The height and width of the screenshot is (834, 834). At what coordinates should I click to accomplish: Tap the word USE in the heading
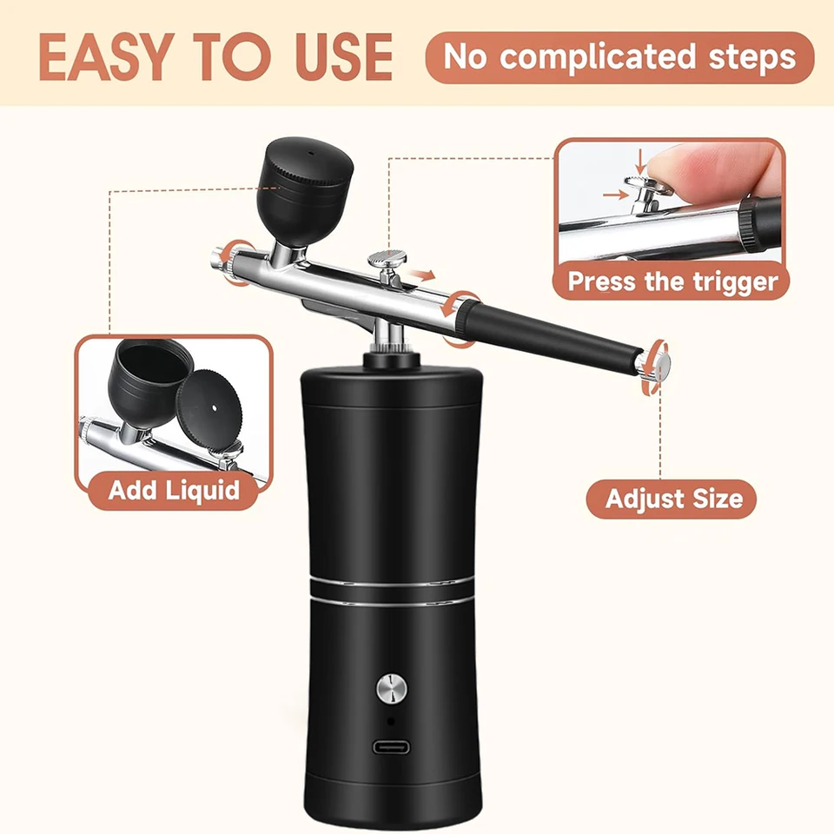[x=344, y=57]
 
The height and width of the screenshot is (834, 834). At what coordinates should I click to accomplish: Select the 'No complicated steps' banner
[x=619, y=57]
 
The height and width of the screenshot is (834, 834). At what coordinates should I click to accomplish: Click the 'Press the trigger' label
[x=672, y=281]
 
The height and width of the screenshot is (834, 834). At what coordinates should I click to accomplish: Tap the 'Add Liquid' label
[x=174, y=490]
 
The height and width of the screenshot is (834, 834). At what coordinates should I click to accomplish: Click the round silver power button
[x=392, y=688]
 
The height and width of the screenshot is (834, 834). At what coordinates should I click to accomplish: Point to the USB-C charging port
[x=391, y=747]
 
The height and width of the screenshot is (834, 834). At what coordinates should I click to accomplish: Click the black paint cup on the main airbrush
[x=304, y=190]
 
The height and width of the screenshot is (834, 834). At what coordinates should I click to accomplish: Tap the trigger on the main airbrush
[x=388, y=266]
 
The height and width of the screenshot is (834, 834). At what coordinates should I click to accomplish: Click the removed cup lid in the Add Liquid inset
[x=209, y=407]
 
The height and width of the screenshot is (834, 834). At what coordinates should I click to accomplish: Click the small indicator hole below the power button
[x=391, y=721]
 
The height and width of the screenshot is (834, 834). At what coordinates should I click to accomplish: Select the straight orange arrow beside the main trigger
[x=422, y=275]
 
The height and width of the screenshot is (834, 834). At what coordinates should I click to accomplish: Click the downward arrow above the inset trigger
[x=641, y=162]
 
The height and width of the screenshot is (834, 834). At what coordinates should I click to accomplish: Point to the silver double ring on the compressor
[x=392, y=591]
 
